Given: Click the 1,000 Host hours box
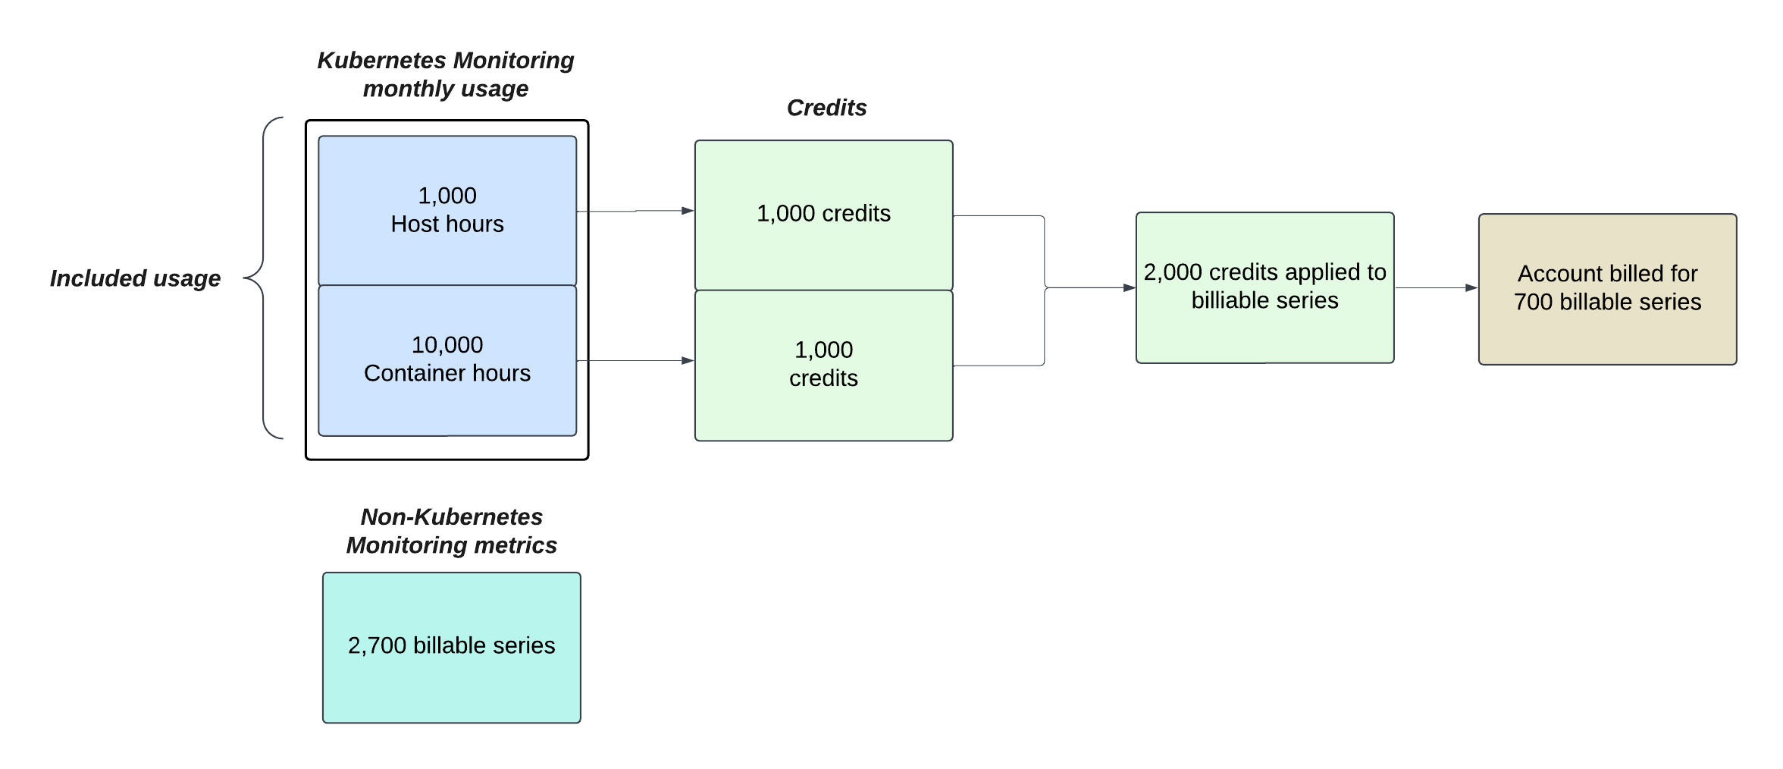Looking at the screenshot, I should (x=447, y=210).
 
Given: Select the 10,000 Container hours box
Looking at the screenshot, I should (x=447, y=359).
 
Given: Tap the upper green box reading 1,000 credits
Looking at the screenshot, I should (x=823, y=214).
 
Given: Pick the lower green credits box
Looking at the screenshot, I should (x=823, y=365).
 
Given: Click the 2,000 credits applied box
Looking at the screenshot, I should (x=1264, y=287).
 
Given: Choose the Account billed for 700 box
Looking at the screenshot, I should (x=1607, y=289).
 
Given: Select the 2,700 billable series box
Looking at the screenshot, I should (x=451, y=647).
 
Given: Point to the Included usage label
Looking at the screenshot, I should (x=135, y=278).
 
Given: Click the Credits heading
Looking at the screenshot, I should (x=826, y=108).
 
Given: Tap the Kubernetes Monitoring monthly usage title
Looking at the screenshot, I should (x=446, y=74).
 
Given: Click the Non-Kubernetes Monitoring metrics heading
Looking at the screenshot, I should (x=451, y=531).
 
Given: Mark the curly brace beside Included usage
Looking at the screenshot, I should (x=263, y=278).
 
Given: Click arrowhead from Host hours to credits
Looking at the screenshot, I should (x=688, y=211).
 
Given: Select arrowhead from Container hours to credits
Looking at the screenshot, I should (x=688, y=361).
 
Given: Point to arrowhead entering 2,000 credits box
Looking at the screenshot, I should (x=1129, y=288).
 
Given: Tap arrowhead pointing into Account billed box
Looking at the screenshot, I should (x=1471, y=288).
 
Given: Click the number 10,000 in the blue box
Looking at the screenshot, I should (x=447, y=345).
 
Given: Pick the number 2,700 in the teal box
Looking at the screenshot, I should (x=377, y=645).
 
